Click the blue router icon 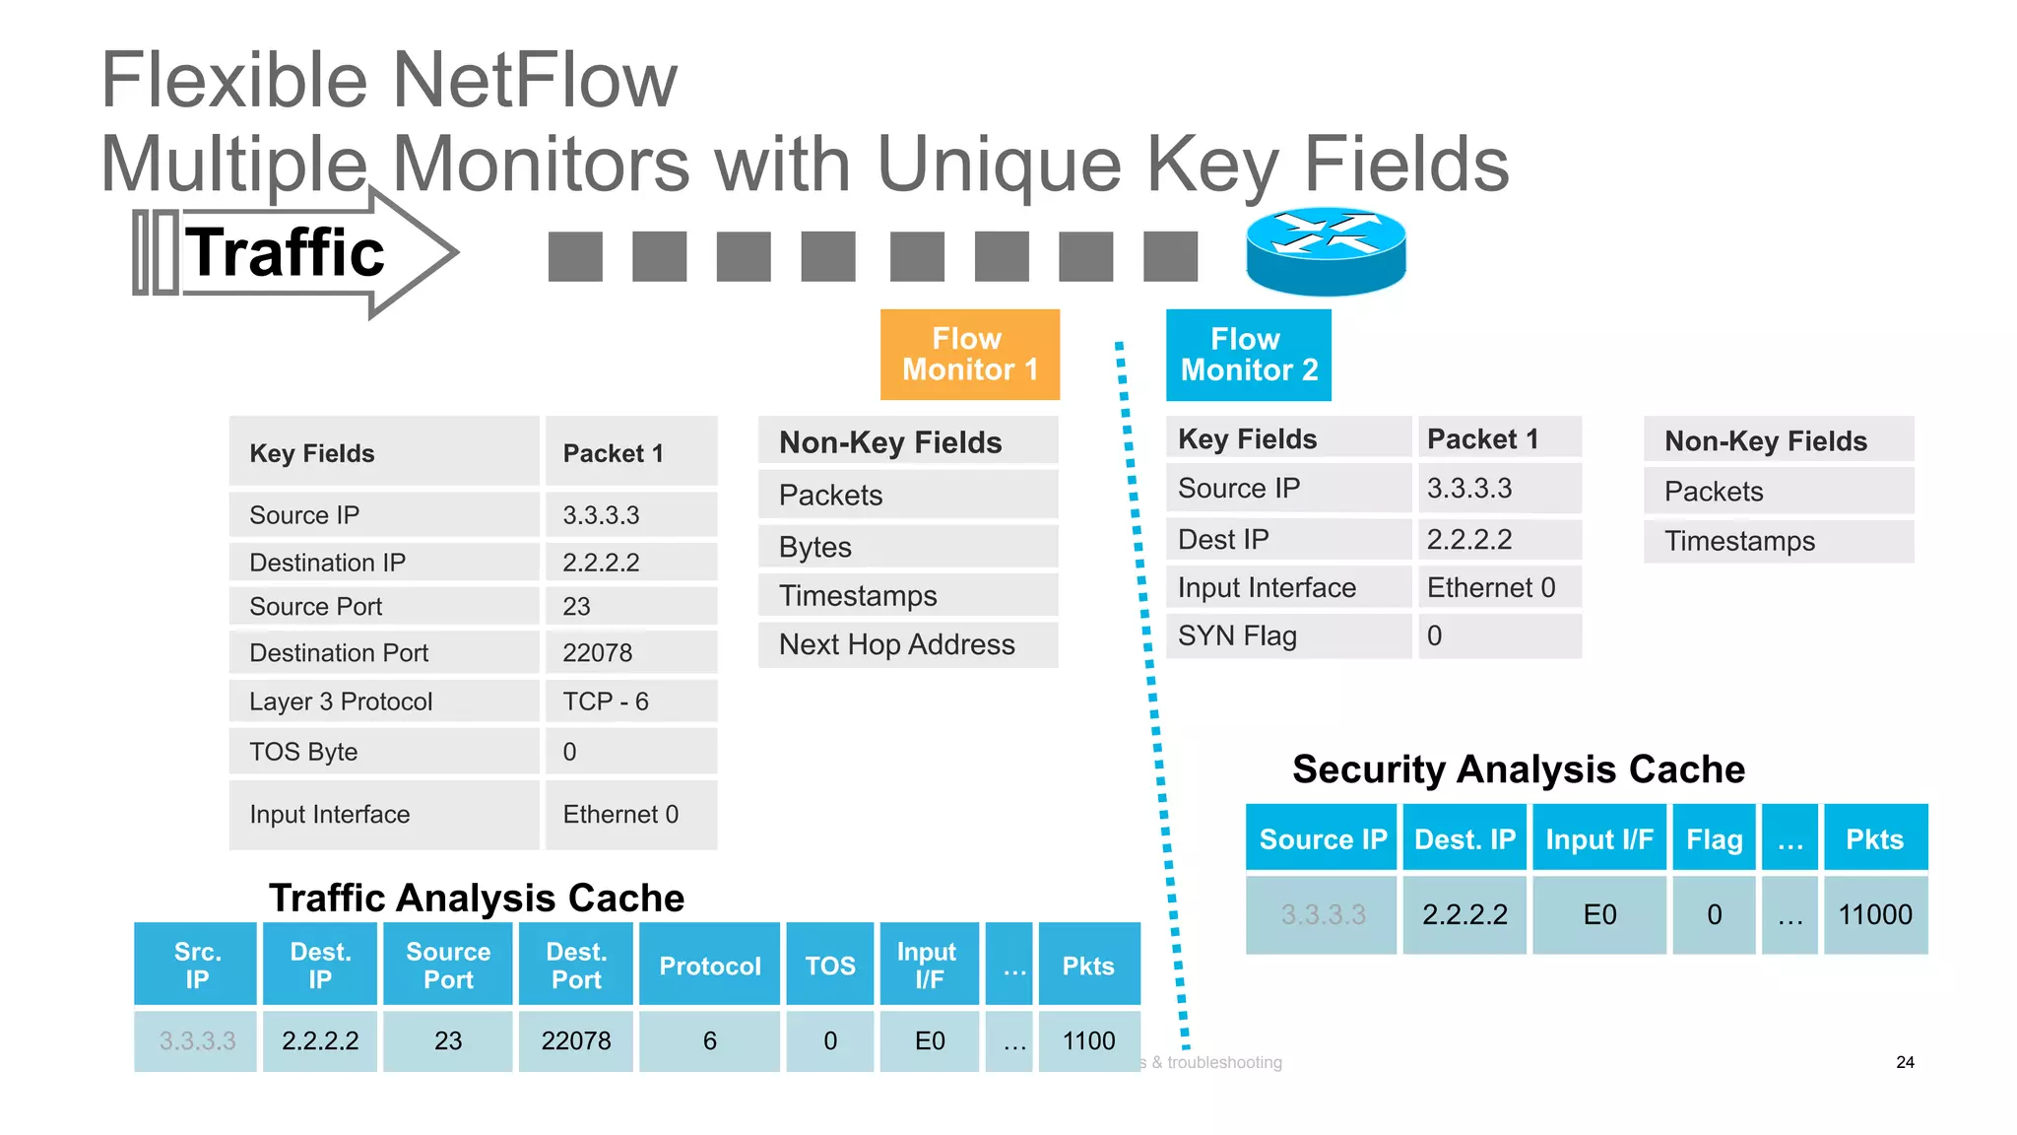pyautogui.click(x=1326, y=251)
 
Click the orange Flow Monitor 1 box pyautogui.click(x=969, y=355)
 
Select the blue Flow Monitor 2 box pyautogui.click(x=1248, y=355)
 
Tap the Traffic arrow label pyautogui.click(x=286, y=252)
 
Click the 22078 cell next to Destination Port pyautogui.click(x=630, y=652)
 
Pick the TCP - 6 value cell pyautogui.click(x=630, y=701)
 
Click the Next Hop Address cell pyautogui.click(x=907, y=644)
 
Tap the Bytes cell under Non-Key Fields pyautogui.click(x=907, y=547)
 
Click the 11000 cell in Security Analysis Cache pyautogui.click(x=1874, y=915)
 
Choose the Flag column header pyautogui.click(x=1714, y=838)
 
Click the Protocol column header pyautogui.click(x=709, y=966)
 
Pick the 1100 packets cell pyautogui.click(x=1088, y=1041)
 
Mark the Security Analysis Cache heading pyautogui.click(x=1518, y=768)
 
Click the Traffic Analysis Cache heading pyautogui.click(x=477, y=898)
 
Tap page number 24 pyautogui.click(x=1905, y=1062)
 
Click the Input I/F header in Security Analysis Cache pyautogui.click(x=1598, y=838)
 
